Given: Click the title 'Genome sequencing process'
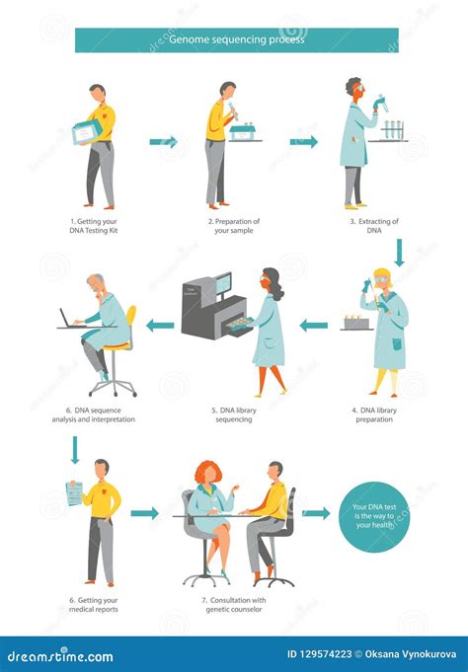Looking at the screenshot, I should tap(237, 40).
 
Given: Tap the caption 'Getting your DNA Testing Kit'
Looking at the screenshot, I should tap(95, 227).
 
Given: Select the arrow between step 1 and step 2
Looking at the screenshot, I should tap(163, 142).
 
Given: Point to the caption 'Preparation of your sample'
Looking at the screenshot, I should tap(234, 227).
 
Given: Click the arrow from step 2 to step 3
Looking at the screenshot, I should tap(303, 142).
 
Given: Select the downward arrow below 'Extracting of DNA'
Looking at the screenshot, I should tap(399, 254).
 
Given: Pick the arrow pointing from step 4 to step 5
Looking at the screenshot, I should tap(314, 325).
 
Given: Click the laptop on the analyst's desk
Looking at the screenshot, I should tap(70, 318).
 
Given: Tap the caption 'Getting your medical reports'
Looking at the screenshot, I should tap(94, 605).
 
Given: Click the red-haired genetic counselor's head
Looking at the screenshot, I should tap(209, 473).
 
